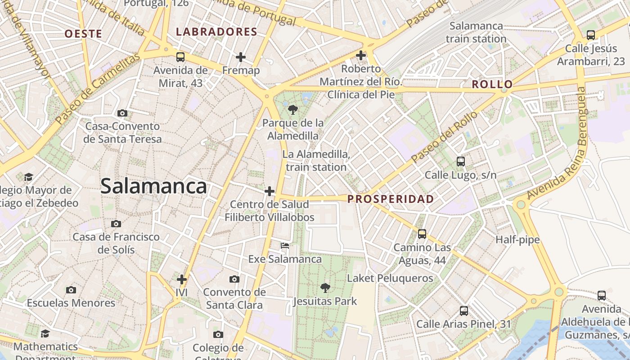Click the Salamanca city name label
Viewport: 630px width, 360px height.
(153, 186)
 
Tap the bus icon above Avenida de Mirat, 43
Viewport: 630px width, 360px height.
(180, 57)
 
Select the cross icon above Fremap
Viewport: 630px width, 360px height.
(241, 57)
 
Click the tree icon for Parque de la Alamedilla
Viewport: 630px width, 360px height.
(292, 109)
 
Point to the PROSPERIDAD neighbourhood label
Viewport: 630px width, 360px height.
(391, 199)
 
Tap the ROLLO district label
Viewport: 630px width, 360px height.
(492, 84)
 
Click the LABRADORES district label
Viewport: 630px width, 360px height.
(216, 32)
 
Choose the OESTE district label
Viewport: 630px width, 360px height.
(83, 34)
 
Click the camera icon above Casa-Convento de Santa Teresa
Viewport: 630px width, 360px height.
(122, 113)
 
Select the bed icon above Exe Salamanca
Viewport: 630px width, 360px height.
(285, 246)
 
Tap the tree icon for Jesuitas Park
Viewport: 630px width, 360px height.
(324, 288)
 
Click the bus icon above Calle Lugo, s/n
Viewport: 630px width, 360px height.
(460, 161)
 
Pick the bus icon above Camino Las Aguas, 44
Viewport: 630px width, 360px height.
(422, 234)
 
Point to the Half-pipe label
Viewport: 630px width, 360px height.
(517, 240)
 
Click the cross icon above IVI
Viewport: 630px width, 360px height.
(182, 279)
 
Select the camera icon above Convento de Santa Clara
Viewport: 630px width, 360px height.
(234, 279)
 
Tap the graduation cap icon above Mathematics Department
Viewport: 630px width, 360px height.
(45, 333)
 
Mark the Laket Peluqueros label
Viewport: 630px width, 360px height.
(390, 279)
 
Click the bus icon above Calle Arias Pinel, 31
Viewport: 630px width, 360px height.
(463, 310)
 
